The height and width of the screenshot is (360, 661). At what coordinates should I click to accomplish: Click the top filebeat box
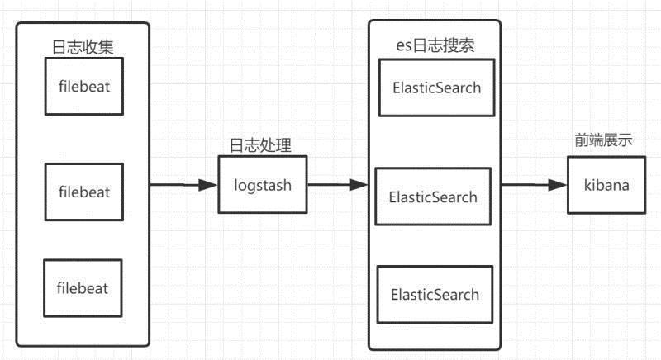[x=84, y=87]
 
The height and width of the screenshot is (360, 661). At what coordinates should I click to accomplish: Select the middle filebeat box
[x=84, y=192]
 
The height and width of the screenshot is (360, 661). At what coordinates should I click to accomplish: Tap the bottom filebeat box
[x=83, y=288]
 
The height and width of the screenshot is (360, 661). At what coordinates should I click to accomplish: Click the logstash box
[x=263, y=185]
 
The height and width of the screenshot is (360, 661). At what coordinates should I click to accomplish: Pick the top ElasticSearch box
[x=437, y=88]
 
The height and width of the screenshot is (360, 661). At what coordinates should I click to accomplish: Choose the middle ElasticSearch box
[x=433, y=197]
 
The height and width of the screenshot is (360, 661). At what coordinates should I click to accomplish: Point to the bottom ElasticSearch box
[x=435, y=294]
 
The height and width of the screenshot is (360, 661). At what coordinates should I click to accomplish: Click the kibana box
[x=606, y=185]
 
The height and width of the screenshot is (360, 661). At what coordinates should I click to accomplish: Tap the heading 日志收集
[x=83, y=47]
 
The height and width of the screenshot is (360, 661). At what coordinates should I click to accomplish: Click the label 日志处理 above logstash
[x=260, y=145]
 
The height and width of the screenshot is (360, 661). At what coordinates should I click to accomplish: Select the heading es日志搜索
[x=435, y=45]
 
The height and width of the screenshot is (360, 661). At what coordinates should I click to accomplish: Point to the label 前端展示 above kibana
[x=604, y=140]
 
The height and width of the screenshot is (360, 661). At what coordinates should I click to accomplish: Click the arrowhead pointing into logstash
[x=208, y=185]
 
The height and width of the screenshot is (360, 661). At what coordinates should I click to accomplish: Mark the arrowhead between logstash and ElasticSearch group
[x=359, y=185]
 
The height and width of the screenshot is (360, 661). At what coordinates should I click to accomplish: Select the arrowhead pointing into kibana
[x=557, y=185]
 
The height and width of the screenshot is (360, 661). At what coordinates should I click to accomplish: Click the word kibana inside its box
[x=606, y=185]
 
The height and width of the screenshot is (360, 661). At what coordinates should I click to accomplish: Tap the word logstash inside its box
[x=263, y=186]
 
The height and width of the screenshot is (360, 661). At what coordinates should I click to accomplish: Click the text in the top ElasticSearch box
[x=437, y=88]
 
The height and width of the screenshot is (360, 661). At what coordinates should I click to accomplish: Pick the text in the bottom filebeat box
[x=83, y=288]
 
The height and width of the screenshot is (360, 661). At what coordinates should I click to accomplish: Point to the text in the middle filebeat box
[x=84, y=192]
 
